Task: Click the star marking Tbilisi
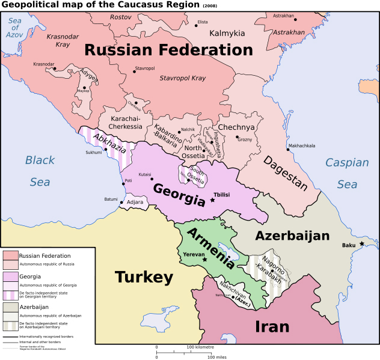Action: point(212,200)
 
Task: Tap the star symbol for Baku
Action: point(361,244)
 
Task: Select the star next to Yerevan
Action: point(205,260)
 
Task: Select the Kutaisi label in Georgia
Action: point(145,174)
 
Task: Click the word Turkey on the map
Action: point(144,278)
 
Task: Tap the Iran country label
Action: point(272,326)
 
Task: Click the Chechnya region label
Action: point(236,127)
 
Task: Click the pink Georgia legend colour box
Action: point(11,277)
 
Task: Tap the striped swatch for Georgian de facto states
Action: point(11,294)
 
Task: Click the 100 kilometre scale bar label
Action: point(200,347)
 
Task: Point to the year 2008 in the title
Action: point(210,7)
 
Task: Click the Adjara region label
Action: point(135,202)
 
